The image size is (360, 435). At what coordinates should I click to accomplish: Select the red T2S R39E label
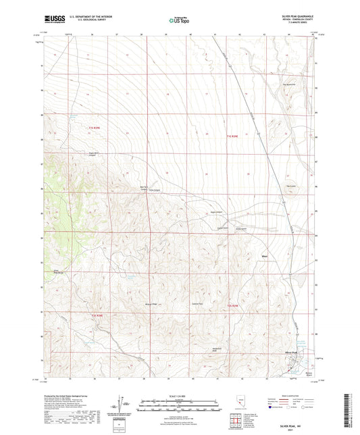coord(232,308)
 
